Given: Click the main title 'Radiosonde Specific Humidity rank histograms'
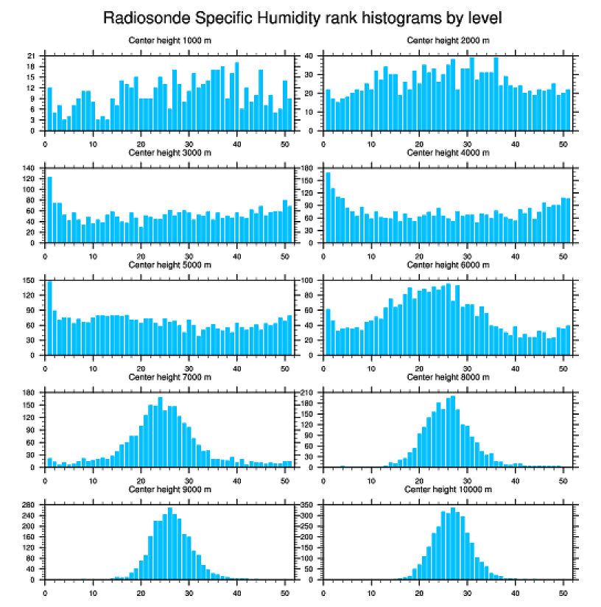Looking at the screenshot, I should point(302,17).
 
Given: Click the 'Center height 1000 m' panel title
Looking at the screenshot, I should point(169,40).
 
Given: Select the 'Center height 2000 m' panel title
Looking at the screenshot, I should point(448,40).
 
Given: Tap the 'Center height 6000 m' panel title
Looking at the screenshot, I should point(448,264).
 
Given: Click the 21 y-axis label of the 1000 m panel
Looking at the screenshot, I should point(31,56).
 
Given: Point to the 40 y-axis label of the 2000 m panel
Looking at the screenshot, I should point(311,56).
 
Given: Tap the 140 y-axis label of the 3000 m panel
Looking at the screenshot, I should point(29,168).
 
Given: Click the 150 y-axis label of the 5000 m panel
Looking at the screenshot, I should point(29,281).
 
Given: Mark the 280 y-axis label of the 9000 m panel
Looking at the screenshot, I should point(29,505).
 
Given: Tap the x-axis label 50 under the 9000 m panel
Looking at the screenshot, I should point(284,590).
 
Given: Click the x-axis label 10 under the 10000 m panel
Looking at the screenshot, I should point(371,590).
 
